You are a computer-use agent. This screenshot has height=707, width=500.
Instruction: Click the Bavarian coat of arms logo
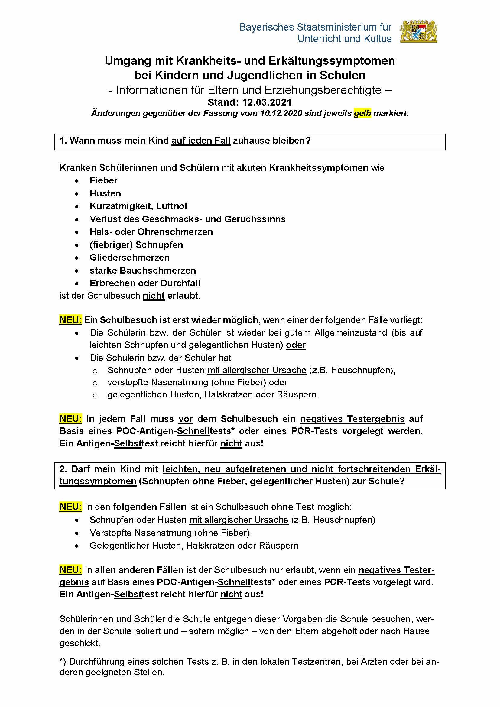click(x=419, y=31)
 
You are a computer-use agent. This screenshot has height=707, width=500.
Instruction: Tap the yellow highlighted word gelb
click(x=362, y=113)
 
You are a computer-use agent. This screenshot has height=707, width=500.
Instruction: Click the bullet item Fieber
click(x=103, y=180)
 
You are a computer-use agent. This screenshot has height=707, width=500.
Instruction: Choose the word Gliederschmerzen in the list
click(x=130, y=258)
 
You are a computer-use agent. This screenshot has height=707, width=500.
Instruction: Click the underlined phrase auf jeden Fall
click(x=201, y=141)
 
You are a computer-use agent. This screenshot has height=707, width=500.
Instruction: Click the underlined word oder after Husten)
click(x=296, y=345)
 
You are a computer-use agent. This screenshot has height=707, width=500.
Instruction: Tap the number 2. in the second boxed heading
click(x=63, y=469)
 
